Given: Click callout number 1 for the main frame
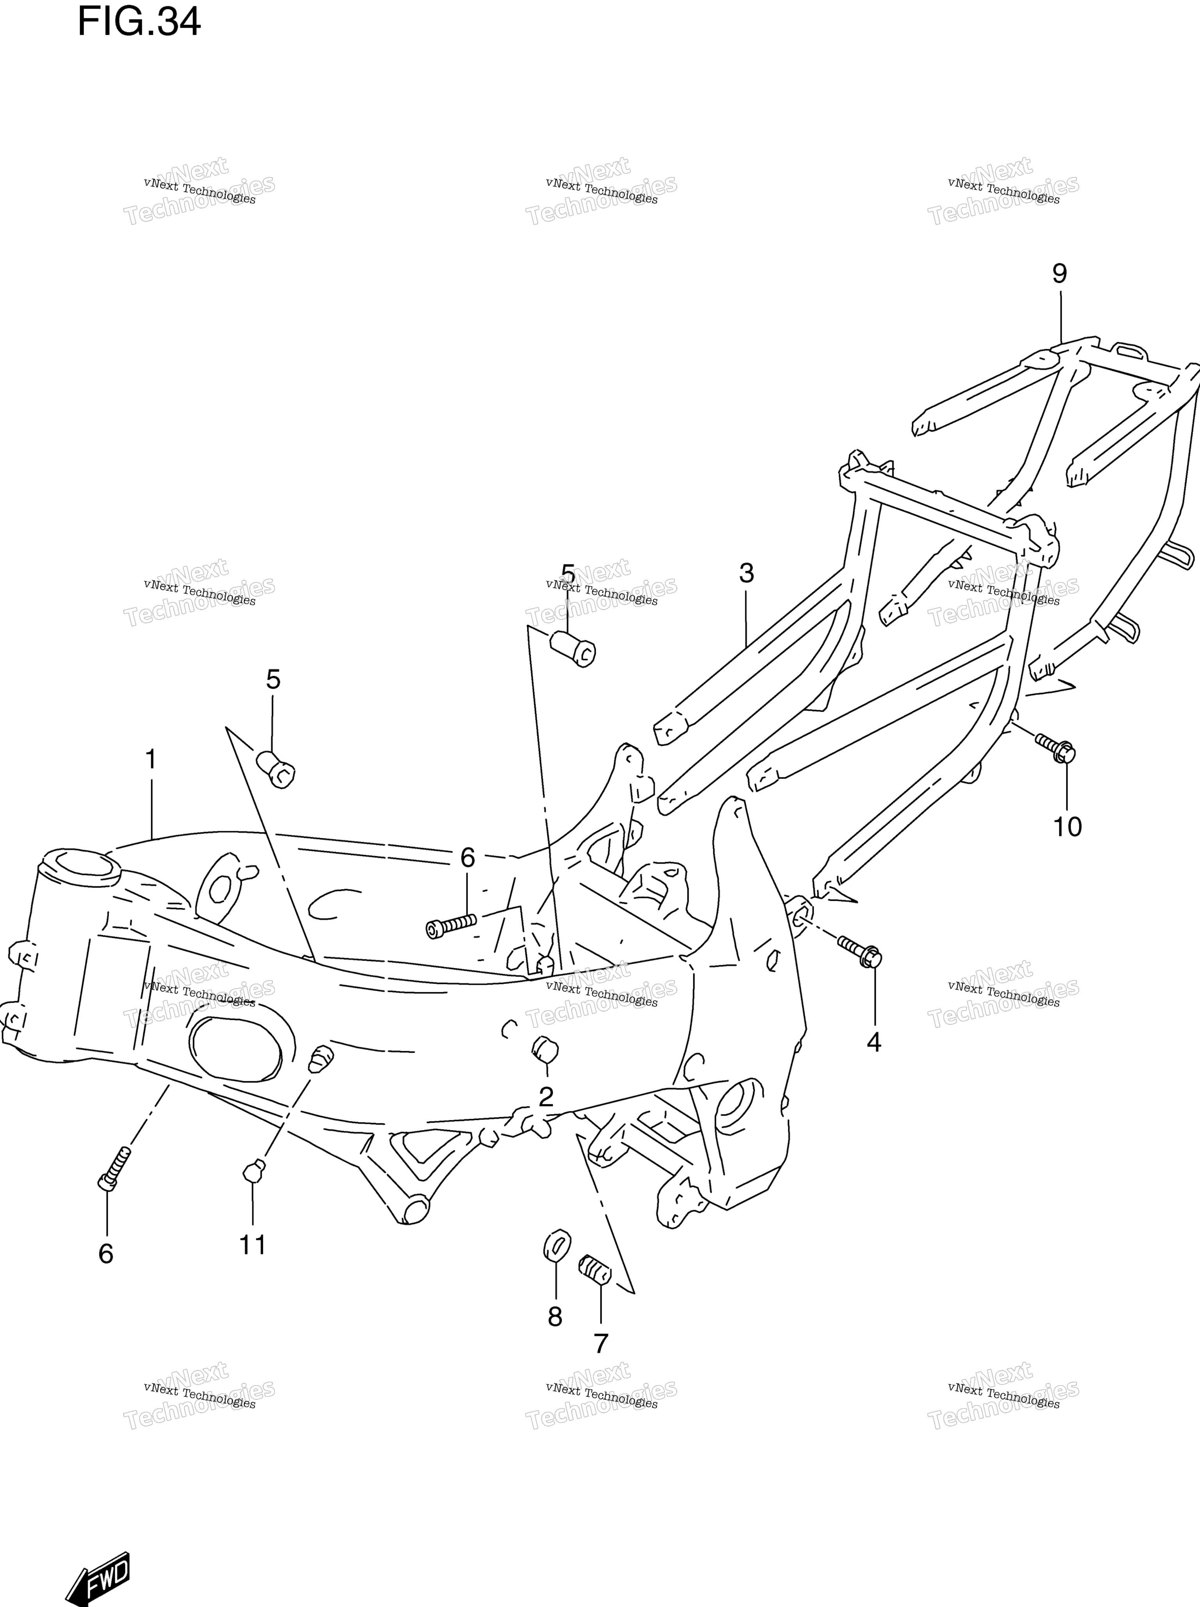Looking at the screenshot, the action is click(151, 760).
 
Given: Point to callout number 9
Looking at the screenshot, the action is click(1060, 274).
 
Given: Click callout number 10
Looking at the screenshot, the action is click(1068, 827).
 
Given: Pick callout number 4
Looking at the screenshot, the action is click(874, 1043).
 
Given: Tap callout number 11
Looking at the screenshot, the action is click(253, 1245).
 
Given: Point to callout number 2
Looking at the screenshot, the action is click(546, 1096).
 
